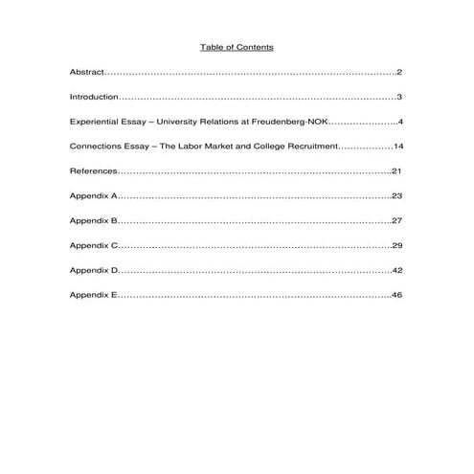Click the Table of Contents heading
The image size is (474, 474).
pyautogui.click(x=237, y=47)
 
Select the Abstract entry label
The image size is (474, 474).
pyautogui.click(x=85, y=73)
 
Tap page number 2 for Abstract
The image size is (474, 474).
pyautogui.click(x=399, y=73)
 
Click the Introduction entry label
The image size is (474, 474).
pyautogui.click(x=93, y=98)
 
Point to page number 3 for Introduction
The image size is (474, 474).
pyautogui.click(x=399, y=98)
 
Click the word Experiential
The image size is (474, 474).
pyautogui.click(x=94, y=123)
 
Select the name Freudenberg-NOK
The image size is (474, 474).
pyautogui.click(x=291, y=123)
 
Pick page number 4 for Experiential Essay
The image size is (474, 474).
pyautogui.click(x=399, y=123)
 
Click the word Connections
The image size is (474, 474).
pyautogui.click(x=94, y=147)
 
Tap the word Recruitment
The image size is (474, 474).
pyautogui.click(x=310, y=147)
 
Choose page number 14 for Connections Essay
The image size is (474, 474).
pyautogui.click(x=397, y=147)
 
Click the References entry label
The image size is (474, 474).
pyautogui.click(x=93, y=171)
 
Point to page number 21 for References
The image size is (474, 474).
pyautogui.click(x=397, y=171)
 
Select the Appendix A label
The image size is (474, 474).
pyautogui.click(x=93, y=196)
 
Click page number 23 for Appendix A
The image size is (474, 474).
pyautogui.click(x=397, y=196)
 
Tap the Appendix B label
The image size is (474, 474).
pyautogui.click(x=93, y=221)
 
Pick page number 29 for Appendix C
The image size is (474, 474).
pyautogui.click(x=397, y=246)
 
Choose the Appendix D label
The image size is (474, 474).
pyautogui.click(x=93, y=271)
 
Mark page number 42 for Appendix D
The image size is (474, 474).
pyautogui.click(x=397, y=271)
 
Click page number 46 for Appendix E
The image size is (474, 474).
pyautogui.click(x=397, y=296)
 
